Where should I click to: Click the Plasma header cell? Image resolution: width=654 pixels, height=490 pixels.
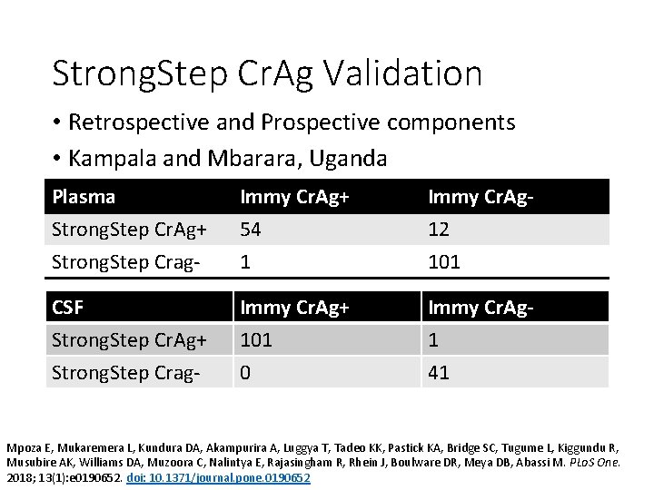click(84, 197)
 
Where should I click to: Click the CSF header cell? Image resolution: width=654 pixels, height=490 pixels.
click(68, 308)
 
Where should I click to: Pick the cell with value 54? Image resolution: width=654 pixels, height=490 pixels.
click(251, 230)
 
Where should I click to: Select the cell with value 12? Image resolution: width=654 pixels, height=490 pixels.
click(439, 230)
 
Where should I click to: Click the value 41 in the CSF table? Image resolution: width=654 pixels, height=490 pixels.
click(439, 372)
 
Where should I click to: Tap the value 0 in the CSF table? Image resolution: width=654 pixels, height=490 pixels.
click(245, 372)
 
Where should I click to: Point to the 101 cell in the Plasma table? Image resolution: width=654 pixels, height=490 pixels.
click(444, 262)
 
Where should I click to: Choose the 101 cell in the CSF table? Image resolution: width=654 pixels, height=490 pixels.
click(257, 340)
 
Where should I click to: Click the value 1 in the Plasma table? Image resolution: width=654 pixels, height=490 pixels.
click(244, 262)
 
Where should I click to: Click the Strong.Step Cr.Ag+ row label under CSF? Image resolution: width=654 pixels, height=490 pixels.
click(130, 340)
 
